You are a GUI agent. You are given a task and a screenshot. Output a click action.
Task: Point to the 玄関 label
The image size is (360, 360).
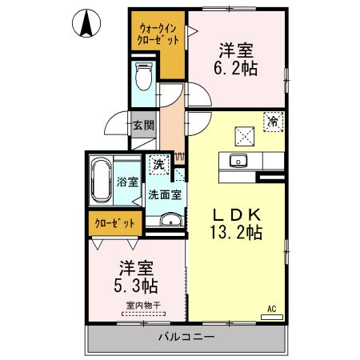[143, 125]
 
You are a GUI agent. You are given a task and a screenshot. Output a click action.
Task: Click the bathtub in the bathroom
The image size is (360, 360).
[102, 183]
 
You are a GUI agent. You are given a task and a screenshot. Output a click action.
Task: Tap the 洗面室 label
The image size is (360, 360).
[164, 194]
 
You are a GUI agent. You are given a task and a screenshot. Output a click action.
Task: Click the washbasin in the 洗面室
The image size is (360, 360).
[167, 222]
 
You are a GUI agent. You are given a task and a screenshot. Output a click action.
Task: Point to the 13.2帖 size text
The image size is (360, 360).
[237, 233]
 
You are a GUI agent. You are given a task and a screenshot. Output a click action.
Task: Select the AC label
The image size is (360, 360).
[272, 309]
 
